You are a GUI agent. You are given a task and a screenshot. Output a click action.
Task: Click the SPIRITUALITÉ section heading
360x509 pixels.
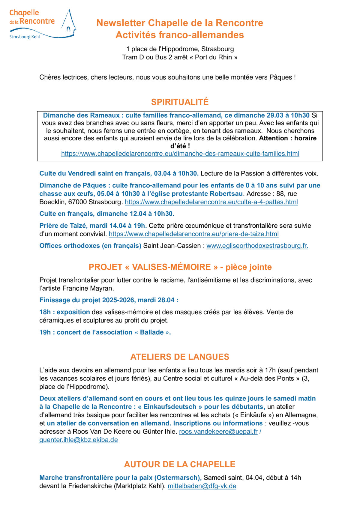tap(180, 102)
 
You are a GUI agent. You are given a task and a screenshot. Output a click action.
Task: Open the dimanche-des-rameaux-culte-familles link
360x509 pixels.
tap(180, 154)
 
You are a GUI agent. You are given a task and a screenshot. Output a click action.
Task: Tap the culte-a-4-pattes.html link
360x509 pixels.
tap(211, 202)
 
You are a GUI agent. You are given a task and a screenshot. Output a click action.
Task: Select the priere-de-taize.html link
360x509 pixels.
tap(193, 234)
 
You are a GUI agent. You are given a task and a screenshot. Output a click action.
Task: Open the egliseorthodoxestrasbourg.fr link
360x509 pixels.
tap(257, 246)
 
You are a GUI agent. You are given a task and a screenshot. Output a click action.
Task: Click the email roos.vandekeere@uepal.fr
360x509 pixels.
tap(218, 431)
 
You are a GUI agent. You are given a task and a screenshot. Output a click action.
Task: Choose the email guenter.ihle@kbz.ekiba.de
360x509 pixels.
tap(79, 440)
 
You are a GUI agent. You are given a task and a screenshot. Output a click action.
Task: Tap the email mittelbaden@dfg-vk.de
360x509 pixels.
tap(202, 486)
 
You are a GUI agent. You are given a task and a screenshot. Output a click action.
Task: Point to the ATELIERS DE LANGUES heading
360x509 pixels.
tap(180, 357)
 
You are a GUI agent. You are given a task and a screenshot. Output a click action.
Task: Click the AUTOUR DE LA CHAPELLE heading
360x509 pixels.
tap(180, 464)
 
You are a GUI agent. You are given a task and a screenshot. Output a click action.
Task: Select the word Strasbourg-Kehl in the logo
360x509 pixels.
tap(25, 37)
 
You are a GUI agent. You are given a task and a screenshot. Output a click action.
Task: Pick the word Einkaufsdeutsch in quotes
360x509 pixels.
tap(170, 407)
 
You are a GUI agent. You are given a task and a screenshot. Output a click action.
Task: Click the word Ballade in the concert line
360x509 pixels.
tap(152, 332)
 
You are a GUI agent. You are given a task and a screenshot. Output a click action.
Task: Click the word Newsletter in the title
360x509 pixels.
tap(121, 23)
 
